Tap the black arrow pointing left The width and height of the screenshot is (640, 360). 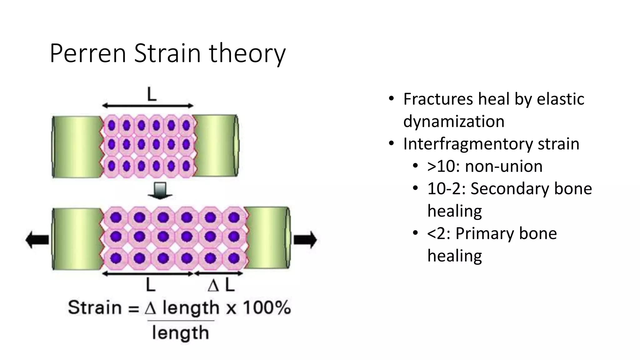[37, 240]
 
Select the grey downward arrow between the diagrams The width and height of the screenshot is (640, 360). [160, 191]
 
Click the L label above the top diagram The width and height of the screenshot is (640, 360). [152, 94]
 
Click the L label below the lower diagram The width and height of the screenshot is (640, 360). [151, 285]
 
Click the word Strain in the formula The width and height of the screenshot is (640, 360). [95, 307]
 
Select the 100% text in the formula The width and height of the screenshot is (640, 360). [267, 307]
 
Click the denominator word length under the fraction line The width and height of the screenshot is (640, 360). [180, 333]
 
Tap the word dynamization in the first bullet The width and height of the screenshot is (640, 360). [454, 121]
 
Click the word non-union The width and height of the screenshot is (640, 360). [503, 166]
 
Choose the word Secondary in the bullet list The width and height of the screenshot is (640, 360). [509, 189]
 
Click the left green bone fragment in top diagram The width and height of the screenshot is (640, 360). [77, 146]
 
